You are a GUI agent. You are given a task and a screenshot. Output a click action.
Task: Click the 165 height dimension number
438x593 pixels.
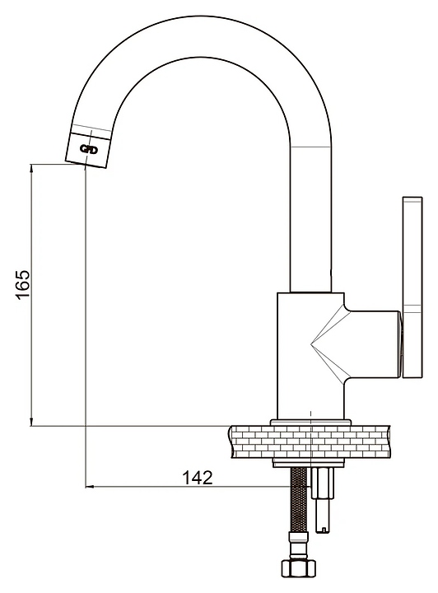[x=22, y=284]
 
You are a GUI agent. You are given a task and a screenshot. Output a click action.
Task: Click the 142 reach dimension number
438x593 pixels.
[x=198, y=478]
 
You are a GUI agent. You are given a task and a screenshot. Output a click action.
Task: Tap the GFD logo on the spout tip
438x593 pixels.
[x=89, y=150]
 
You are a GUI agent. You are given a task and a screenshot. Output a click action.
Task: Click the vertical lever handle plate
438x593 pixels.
[x=412, y=287]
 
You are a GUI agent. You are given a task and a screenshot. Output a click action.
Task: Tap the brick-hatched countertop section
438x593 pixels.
[x=310, y=441]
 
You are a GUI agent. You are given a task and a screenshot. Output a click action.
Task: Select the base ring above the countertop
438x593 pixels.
[x=310, y=423]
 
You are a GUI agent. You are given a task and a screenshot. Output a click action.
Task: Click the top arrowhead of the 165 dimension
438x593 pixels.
[x=31, y=166]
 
